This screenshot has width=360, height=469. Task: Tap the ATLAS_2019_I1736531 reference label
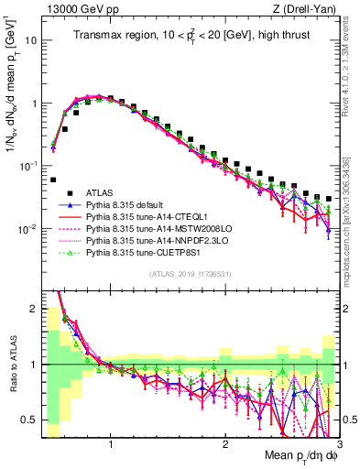pos(191,275)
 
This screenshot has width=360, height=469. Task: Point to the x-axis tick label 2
pos(225,446)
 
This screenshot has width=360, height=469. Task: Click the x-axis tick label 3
pos(338,446)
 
